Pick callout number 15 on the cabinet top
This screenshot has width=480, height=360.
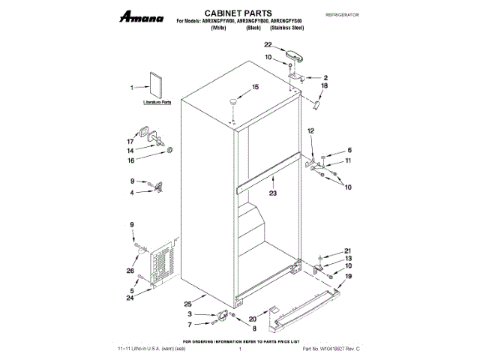click(x=254, y=87)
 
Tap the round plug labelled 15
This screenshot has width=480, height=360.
click(x=235, y=100)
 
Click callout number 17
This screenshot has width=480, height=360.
click(x=130, y=141)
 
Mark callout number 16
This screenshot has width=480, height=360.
click(x=130, y=160)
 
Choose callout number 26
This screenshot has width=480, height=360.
click(x=130, y=271)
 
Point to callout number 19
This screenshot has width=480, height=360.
click(x=347, y=277)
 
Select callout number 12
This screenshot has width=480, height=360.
click(x=310, y=132)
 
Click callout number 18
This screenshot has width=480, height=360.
click(x=325, y=86)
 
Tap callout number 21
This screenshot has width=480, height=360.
click(x=347, y=250)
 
